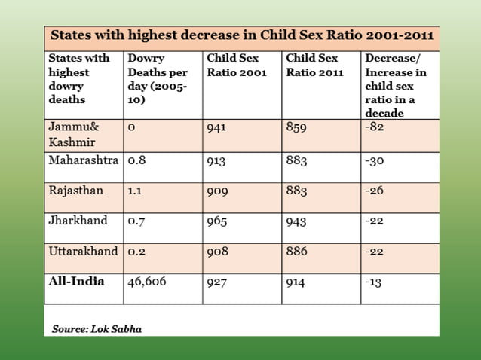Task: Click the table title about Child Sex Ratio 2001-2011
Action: [x=241, y=36]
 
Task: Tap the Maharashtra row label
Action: [x=83, y=160]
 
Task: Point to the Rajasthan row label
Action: [x=75, y=191]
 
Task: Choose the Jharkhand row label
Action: [x=78, y=221]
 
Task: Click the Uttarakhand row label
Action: [x=83, y=251]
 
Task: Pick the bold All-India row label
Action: [x=76, y=281]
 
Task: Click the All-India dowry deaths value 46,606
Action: [x=147, y=282]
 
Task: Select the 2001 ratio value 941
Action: [x=216, y=127]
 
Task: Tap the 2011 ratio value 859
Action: [x=296, y=127]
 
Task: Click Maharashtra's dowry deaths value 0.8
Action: [x=136, y=160]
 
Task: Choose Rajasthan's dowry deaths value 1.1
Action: [x=135, y=191]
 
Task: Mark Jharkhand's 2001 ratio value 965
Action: [x=216, y=221]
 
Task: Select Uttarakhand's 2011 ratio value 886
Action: [x=296, y=252]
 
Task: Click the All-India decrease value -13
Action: [x=373, y=282]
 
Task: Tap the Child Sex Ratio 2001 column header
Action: [x=232, y=65]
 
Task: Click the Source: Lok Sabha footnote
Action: [x=97, y=329]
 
